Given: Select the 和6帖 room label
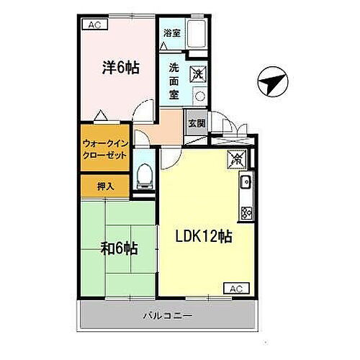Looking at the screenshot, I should tap(120, 250).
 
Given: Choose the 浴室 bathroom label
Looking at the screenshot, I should tap(171, 32).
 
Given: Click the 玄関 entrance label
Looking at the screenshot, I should tap(196, 122).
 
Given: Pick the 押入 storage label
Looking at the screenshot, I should tap(106, 185).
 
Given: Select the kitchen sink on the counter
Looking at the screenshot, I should tap(246, 181).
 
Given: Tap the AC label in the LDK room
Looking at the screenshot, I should tap(235, 288).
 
